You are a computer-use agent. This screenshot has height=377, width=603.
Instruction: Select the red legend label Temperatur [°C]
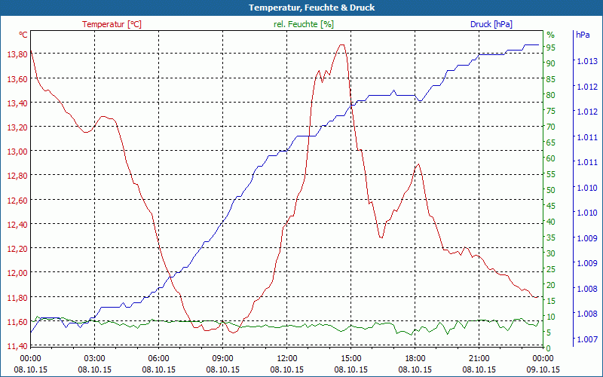point(112,24)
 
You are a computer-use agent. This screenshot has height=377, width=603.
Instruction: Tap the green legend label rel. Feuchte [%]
point(303,24)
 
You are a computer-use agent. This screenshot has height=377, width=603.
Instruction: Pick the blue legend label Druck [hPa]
point(491,24)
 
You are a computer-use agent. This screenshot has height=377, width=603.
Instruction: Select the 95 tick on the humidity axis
point(551,48)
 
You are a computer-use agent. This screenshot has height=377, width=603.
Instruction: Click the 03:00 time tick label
point(94,358)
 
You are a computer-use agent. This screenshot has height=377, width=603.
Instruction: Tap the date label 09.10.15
point(543,369)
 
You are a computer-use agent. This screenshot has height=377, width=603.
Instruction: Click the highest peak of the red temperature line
point(342,44)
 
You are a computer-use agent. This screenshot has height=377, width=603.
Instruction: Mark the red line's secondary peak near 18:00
point(418,164)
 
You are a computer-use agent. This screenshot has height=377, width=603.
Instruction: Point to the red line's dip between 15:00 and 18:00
point(381,238)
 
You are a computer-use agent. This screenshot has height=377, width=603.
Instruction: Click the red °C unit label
point(23,35)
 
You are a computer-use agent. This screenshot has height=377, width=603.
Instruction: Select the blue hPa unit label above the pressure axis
point(583,35)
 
